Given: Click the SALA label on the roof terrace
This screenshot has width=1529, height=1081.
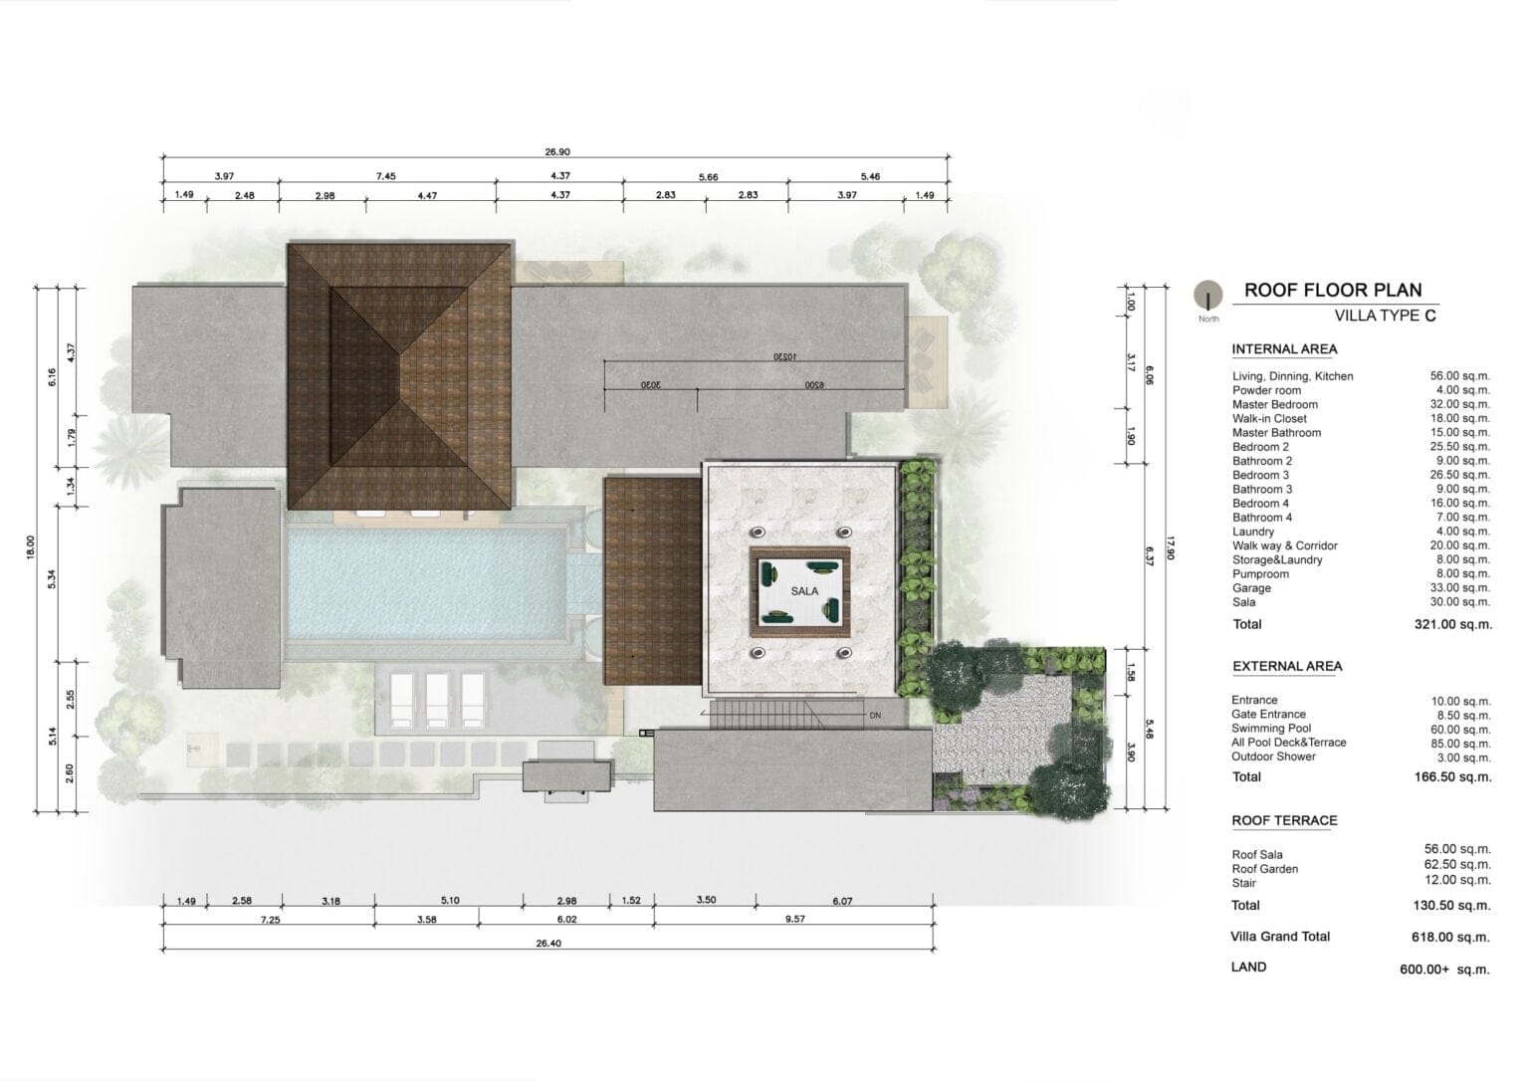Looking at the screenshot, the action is pyautogui.click(x=804, y=591).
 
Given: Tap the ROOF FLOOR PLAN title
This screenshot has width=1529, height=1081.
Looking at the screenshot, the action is pyautogui.click(x=1333, y=290).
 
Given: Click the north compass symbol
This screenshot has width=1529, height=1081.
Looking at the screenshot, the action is pyautogui.click(x=1208, y=295).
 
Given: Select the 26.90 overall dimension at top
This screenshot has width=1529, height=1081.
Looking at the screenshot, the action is pyautogui.click(x=557, y=151).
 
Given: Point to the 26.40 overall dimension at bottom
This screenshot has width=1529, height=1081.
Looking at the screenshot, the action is pyautogui.click(x=548, y=944).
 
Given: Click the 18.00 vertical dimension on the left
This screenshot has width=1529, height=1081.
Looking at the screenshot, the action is pyautogui.click(x=30, y=548).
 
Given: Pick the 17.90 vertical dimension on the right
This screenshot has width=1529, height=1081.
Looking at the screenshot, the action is pyautogui.click(x=1172, y=548).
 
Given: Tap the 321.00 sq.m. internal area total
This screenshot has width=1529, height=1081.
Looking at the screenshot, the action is pyautogui.click(x=1453, y=624).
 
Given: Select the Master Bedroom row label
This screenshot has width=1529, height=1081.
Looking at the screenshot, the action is pyautogui.click(x=1275, y=404).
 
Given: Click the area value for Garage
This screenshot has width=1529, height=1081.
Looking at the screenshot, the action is pyautogui.click(x=1460, y=587).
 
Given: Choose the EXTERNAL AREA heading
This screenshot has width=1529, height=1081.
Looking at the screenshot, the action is pyautogui.click(x=1287, y=666).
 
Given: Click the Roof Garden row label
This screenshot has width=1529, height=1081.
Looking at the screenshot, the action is pyautogui.click(x=1265, y=869).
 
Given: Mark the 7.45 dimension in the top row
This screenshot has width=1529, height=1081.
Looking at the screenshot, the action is pyautogui.click(x=385, y=176).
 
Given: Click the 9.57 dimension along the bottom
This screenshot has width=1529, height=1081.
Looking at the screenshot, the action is pyautogui.click(x=795, y=920).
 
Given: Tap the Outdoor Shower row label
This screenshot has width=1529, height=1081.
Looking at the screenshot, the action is pyautogui.click(x=1274, y=757).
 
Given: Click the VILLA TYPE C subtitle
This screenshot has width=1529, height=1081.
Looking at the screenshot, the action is pyautogui.click(x=1386, y=316).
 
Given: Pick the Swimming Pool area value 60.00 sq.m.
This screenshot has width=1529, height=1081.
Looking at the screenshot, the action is pyautogui.click(x=1460, y=730).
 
